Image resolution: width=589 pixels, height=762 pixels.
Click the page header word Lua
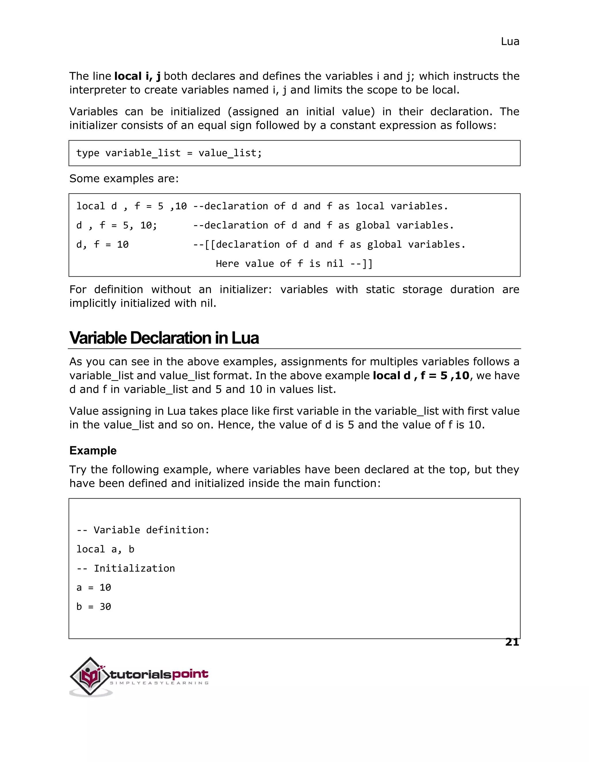tap(510, 41)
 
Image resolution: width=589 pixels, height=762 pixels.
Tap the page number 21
tap(512, 642)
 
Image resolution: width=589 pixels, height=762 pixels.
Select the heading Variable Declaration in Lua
tap(164, 338)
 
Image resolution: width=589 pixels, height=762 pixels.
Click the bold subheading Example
tap(93, 450)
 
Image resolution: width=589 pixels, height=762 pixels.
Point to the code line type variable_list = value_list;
tap(169, 153)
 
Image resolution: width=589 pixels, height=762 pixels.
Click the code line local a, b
tap(105, 549)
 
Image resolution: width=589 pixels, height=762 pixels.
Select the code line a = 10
tap(93, 587)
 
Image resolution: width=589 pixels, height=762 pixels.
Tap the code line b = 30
tap(93, 607)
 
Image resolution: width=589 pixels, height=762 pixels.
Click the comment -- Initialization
tap(126, 568)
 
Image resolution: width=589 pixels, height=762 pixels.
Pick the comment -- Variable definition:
tap(143, 530)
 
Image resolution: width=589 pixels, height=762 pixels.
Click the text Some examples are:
tap(124, 179)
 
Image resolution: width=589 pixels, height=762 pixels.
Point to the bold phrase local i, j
tap(137, 76)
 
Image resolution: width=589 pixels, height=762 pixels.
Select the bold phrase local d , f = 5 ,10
tap(421, 376)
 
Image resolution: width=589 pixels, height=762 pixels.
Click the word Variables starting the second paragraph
tap(93, 112)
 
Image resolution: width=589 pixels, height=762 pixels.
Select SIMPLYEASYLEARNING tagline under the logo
tap(159, 683)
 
